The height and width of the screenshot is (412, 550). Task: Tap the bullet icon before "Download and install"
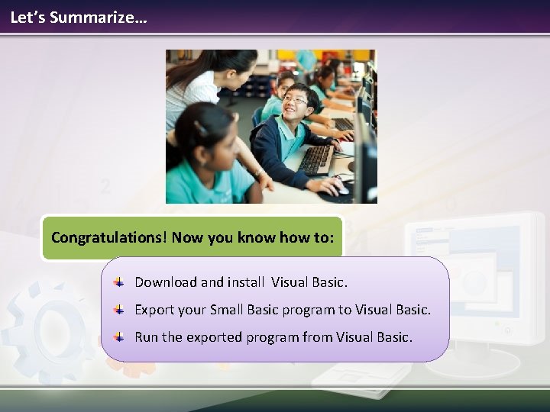119,282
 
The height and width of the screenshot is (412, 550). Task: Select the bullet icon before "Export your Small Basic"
119,310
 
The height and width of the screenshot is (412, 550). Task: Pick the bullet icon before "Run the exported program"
119,336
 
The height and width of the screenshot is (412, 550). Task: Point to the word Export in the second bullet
155,310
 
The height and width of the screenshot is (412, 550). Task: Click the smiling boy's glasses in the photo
295,100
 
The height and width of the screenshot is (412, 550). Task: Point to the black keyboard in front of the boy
316,159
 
